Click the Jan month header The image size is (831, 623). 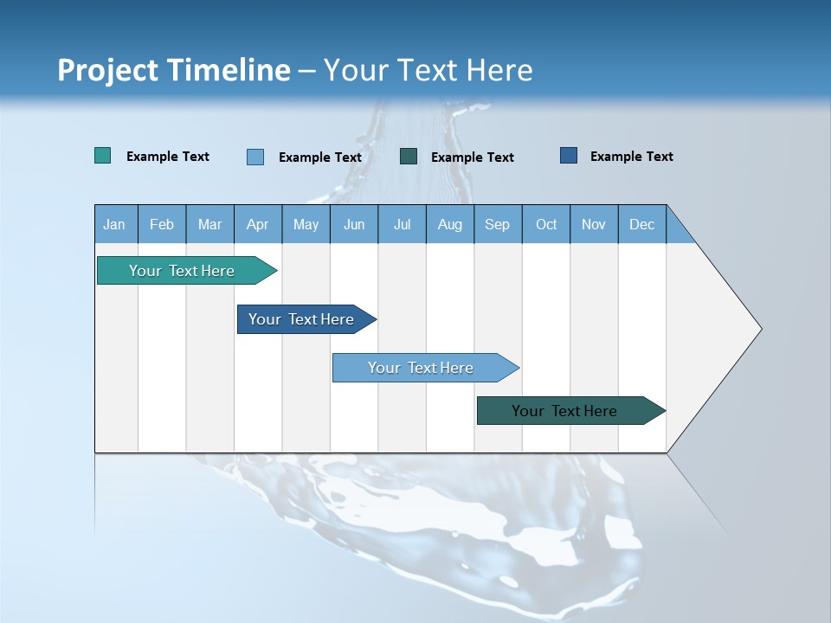(x=115, y=224)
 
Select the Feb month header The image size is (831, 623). (x=162, y=224)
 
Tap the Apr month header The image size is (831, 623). (x=257, y=224)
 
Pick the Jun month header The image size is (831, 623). (x=354, y=224)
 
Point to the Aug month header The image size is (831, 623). (x=449, y=224)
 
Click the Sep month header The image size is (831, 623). (x=497, y=224)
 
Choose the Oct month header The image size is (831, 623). (x=546, y=224)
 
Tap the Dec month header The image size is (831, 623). (x=641, y=224)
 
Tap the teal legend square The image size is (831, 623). (x=103, y=156)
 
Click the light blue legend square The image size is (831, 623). (x=255, y=157)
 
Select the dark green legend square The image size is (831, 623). (x=409, y=157)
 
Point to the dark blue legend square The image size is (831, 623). (x=569, y=156)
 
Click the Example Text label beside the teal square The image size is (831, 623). (x=168, y=156)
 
